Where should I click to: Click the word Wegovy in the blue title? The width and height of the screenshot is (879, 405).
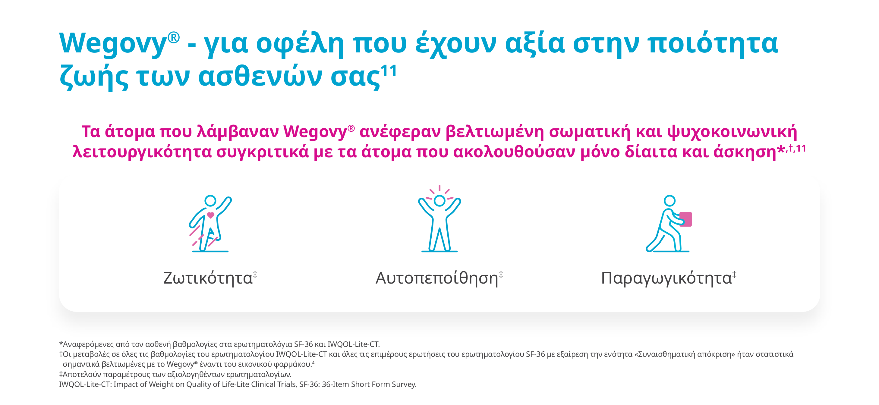tap(113, 43)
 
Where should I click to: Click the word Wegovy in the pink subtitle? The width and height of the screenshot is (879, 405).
tap(315, 132)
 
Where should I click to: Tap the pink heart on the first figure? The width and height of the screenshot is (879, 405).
tap(210, 215)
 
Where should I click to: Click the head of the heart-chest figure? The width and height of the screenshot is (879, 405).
tap(210, 201)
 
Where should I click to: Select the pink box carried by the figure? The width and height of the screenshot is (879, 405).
tap(685, 219)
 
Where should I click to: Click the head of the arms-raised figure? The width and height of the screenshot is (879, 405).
tap(439, 201)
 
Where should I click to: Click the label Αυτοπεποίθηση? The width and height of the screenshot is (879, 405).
tap(437, 278)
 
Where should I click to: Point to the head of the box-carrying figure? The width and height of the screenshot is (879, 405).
tap(669, 201)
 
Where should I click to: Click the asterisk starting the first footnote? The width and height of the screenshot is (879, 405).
tap(61, 343)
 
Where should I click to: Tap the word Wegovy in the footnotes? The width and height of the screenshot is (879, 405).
tap(180, 364)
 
